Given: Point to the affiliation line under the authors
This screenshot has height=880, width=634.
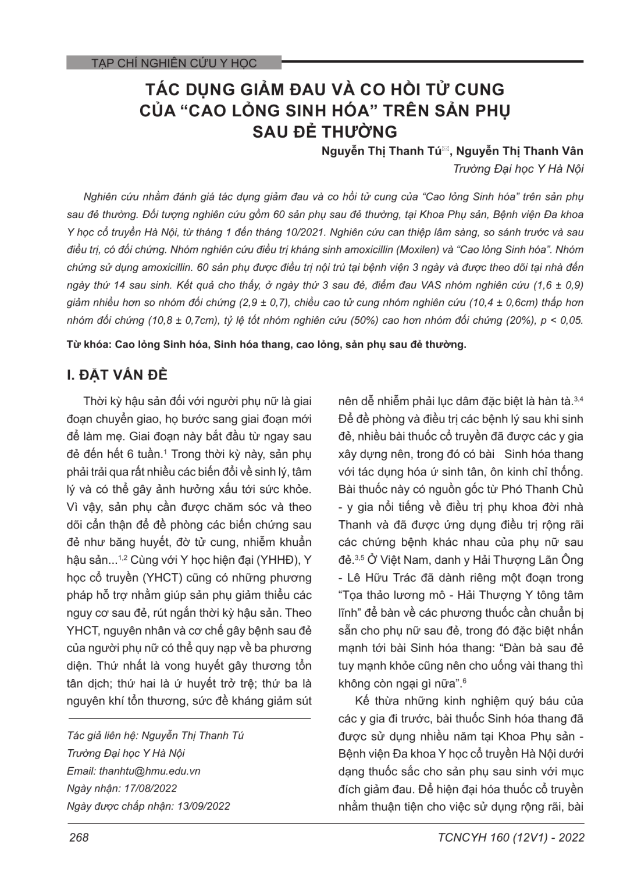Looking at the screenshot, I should (518, 169).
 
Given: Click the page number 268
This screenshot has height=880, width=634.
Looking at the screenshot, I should (79, 838).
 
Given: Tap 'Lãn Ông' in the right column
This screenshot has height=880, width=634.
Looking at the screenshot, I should (563, 560).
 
